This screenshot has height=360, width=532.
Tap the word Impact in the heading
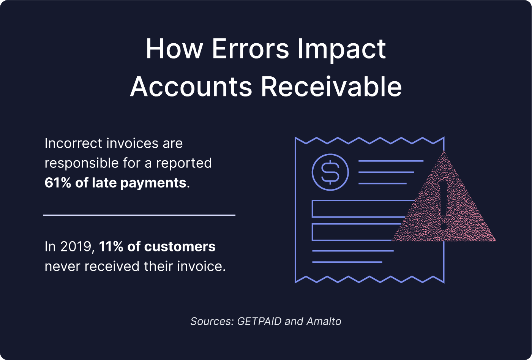[342, 49]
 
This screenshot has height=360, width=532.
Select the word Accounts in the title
[191, 87]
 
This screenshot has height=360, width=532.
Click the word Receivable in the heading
[331, 87]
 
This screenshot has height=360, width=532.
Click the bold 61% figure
[58, 183]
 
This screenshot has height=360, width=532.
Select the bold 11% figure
[111, 247]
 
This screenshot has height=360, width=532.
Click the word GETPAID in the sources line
[259, 321]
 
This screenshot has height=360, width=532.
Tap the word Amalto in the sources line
[324, 321]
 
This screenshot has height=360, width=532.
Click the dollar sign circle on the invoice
[330, 172]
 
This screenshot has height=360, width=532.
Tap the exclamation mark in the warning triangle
[444, 205]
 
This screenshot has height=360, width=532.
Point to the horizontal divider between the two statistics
[139, 215]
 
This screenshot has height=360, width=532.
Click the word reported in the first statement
[184, 163]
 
